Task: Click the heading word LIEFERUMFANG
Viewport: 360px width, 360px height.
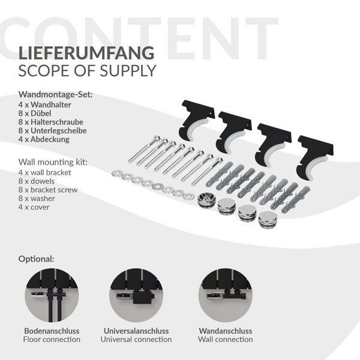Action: click(86, 53)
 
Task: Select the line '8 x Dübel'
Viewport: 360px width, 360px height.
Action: click(35, 113)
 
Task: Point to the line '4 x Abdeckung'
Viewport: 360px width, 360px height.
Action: click(44, 139)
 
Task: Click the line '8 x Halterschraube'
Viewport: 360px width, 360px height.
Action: click(51, 122)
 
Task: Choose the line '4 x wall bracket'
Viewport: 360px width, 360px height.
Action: click(45, 172)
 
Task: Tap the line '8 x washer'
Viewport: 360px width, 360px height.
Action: click(37, 199)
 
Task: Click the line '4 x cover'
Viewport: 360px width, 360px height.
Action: click(34, 207)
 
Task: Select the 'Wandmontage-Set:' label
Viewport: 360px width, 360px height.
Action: click(56, 95)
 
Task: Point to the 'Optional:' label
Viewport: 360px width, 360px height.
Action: click(36, 259)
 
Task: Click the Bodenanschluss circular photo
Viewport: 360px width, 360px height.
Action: click(52, 295)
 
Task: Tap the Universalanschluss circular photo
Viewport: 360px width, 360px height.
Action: click(136, 295)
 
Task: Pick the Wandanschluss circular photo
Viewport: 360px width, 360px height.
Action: click(226, 295)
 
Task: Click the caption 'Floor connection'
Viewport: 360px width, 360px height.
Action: click(52, 340)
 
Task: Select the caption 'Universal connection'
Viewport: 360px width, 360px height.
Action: click(136, 340)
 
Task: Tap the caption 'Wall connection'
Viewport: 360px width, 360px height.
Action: click(226, 340)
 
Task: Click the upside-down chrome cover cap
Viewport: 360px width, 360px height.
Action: click(206, 199)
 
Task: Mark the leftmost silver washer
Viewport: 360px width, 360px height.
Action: click(118, 174)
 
